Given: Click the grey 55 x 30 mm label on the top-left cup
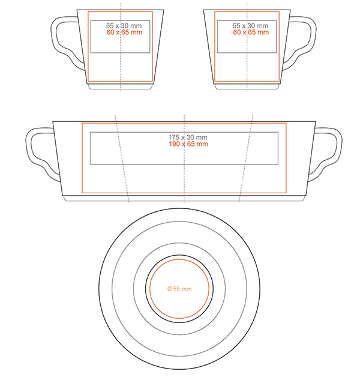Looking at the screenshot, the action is [x=124, y=25].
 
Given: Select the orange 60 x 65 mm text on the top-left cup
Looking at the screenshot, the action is [x=124, y=32].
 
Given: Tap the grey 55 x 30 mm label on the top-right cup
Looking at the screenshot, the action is [x=250, y=25].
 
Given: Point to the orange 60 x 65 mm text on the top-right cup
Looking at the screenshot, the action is [x=251, y=32].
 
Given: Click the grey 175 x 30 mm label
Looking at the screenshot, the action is [x=188, y=137].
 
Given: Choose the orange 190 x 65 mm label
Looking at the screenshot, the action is [x=188, y=144].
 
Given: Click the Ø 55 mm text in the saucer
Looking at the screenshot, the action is [x=179, y=289].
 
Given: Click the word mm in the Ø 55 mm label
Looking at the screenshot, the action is [x=186, y=289].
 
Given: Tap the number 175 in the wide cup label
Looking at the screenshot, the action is [x=173, y=137].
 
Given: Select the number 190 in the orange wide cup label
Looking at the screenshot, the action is [x=174, y=144].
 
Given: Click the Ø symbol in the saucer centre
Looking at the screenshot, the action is [x=169, y=289].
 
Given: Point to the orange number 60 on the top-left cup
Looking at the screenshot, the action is [x=110, y=32].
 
